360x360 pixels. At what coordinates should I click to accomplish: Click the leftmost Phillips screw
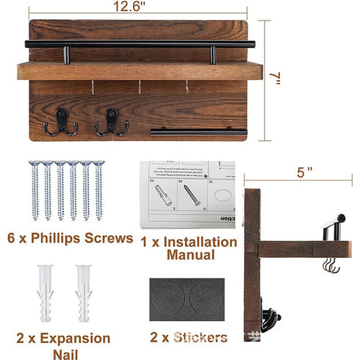pyautogui.click(x=34, y=191)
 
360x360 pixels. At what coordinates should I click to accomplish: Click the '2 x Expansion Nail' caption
pyautogui.click(x=63, y=346)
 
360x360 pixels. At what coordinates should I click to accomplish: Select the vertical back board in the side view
pyautogui.click(x=253, y=257)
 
